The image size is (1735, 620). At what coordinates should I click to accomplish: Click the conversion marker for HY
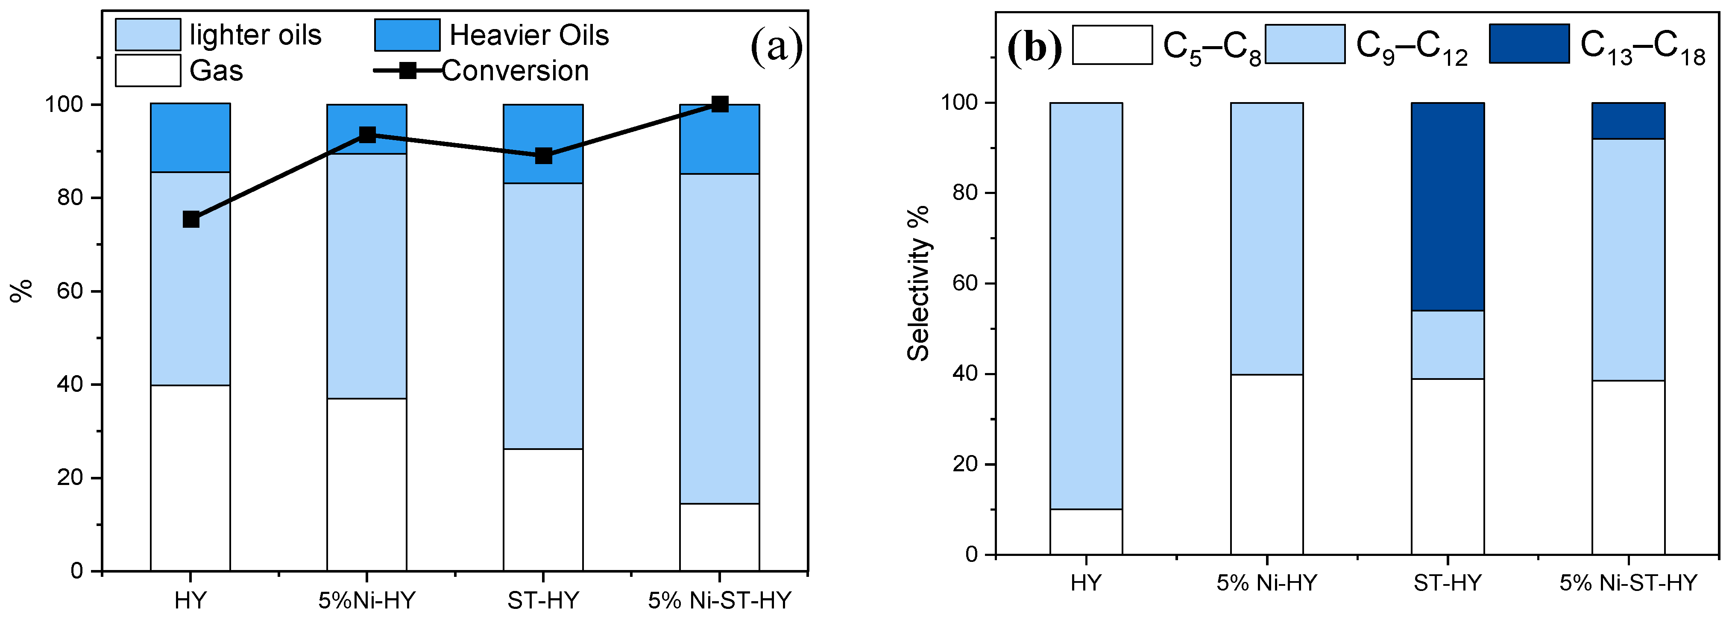(191, 219)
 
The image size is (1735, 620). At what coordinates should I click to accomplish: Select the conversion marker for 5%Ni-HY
(367, 135)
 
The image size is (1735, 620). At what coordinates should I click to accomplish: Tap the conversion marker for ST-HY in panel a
(544, 156)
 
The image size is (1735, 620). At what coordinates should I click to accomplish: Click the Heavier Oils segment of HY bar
(190, 138)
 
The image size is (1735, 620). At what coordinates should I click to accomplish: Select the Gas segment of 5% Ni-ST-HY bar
(719, 537)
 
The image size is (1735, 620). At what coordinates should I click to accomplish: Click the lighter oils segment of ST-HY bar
(544, 315)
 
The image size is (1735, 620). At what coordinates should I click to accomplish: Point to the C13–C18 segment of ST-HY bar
(1448, 206)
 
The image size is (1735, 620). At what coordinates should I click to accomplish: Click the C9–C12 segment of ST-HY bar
(1448, 344)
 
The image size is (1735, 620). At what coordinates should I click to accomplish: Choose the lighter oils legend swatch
(147, 34)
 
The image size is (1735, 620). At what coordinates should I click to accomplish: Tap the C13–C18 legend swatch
(1529, 44)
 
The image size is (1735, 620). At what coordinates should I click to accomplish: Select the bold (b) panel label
(1034, 47)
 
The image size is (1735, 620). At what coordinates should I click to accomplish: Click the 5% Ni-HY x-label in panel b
(1266, 582)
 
